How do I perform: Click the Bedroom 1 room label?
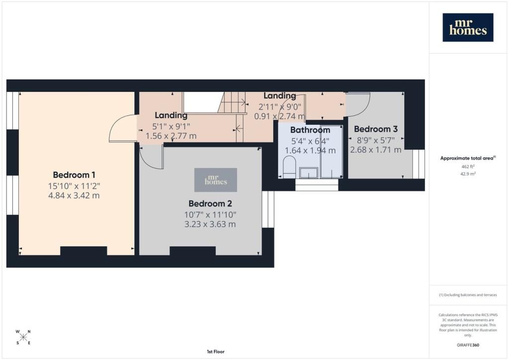(x=74, y=175)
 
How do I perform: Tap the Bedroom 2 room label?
(x=210, y=203)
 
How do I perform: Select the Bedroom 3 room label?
(x=376, y=129)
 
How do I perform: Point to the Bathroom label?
(x=310, y=130)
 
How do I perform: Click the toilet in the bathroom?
(x=289, y=167)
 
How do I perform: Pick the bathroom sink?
(x=309, y=173)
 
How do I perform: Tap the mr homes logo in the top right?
(x=468, y=27)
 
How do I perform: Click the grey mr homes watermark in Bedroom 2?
(x=216, y=180)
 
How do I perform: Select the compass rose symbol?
(x=23, y=337)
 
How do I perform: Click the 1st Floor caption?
(x=216, y=352)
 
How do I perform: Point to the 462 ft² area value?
(x=468, y=167)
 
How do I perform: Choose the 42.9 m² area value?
(x=468, y=174)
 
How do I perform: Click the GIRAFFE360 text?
(x=468, y=345)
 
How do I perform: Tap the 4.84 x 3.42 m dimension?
(x=74, y=195)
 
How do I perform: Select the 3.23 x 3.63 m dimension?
(x=210, y=224)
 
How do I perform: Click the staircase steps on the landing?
(x=232, y=110)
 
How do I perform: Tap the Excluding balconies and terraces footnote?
(x=468, y=295)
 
